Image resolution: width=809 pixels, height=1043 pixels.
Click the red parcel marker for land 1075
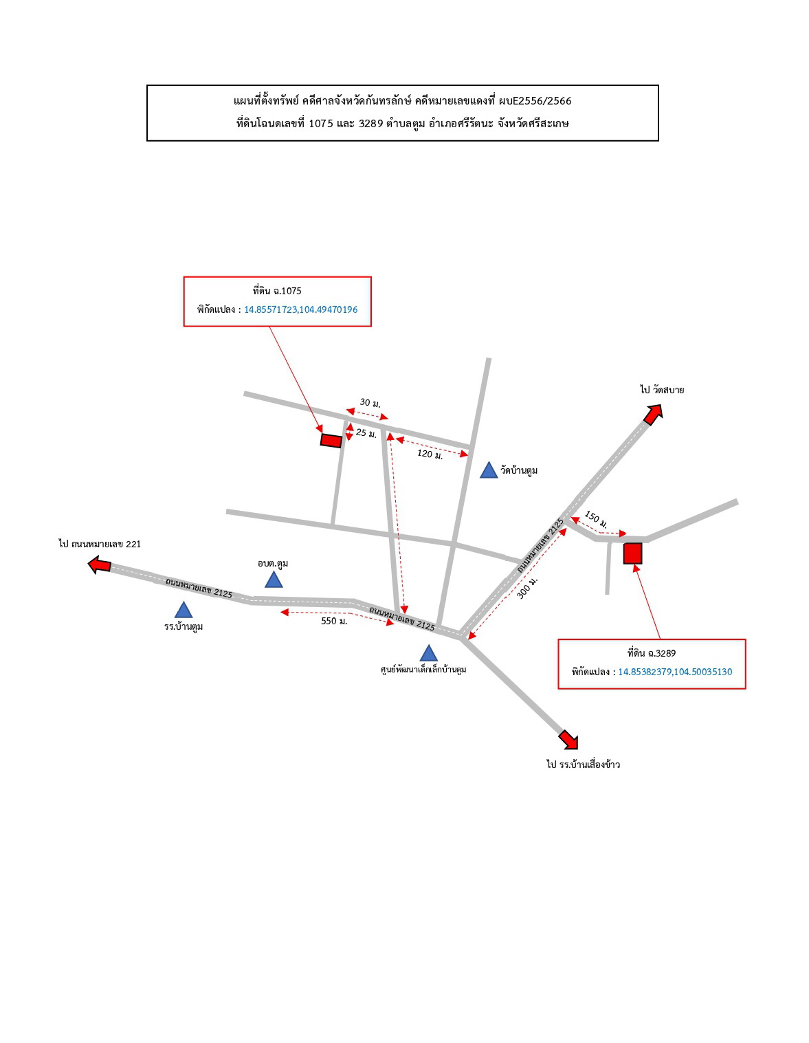(331, 440)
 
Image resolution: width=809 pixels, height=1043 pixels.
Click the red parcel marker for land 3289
(632, 553)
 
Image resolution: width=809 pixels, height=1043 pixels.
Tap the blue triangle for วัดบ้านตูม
(489, 470)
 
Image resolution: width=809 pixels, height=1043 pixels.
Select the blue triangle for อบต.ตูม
(274, 580)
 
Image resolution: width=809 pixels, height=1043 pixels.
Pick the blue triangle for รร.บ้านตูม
(184, 610)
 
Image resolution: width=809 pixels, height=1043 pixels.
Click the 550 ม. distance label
(334, 621)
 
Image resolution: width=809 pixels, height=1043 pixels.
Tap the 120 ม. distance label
(430, 454)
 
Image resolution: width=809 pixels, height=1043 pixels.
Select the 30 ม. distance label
(370, 403)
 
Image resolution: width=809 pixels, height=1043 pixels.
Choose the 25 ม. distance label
(366, 433)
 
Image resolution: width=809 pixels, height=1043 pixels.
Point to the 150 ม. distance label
(595, 519)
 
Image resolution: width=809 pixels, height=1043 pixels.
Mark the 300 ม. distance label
(527, 587)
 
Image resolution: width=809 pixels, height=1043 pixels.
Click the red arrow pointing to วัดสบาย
(652, 414)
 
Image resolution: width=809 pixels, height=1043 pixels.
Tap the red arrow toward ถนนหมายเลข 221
(100, 564)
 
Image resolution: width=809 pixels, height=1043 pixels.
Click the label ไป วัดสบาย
(662, 390)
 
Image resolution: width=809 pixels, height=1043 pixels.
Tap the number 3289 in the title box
(371, 123)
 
